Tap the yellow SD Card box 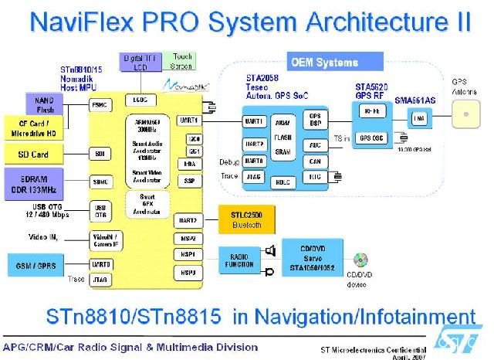coord(33,155)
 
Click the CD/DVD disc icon coord(360,259)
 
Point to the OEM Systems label coord(324,63)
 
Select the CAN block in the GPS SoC coord(314,162)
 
